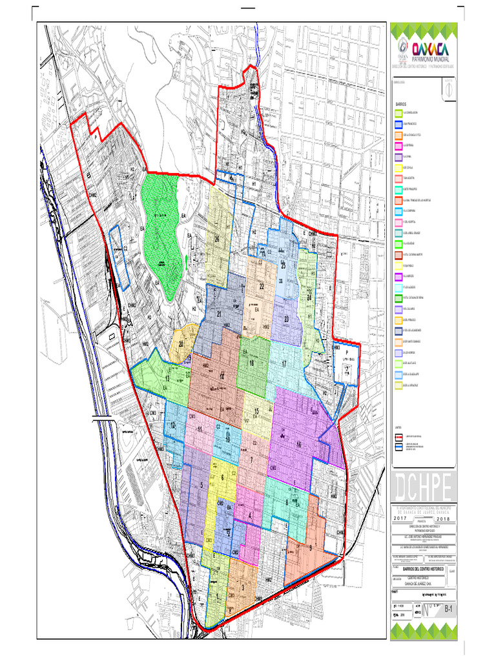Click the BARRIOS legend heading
point(401,103)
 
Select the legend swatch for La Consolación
point(398,114)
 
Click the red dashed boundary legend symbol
point(398,437)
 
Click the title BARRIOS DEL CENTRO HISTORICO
point(425,571)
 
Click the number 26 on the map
point(218,239)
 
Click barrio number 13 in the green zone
point(167,379)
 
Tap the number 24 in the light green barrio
point(310,298)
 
